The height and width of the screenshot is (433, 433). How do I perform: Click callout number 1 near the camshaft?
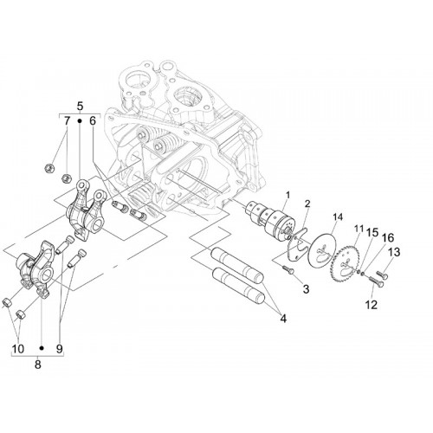[288, 196]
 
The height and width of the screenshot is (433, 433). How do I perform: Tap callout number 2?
[307, 204]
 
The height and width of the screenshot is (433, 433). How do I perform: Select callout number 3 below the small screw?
[306, 288]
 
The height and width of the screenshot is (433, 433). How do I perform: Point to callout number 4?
[283, 319]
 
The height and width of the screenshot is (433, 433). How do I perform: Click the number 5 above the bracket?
[80, 106]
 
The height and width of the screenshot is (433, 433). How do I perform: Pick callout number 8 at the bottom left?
[38, 365]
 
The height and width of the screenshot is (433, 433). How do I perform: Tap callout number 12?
[372, 305]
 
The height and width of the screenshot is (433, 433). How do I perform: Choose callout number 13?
[394, 252]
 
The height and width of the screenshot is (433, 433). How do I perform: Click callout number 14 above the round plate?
[338, 216]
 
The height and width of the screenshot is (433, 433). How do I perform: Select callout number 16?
[388, 238]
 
